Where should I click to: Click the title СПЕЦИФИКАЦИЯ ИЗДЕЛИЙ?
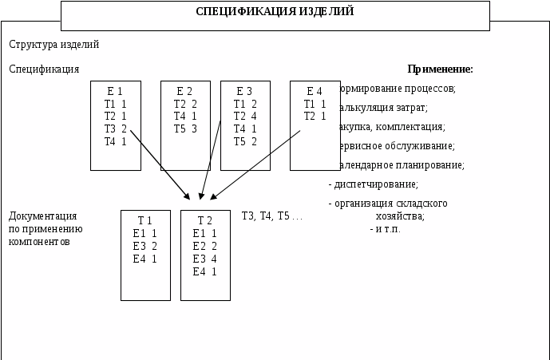pos(275,12)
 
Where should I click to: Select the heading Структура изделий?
pos(53,45)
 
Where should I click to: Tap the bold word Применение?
pos(440,69)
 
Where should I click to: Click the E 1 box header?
pos(115,92)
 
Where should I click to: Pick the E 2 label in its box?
pos(184,92)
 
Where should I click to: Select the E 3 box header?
pos(244,92)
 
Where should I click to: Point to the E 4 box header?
pos(315,92)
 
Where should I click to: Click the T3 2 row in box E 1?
pos(115,129)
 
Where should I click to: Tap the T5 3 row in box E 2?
pos(185,129)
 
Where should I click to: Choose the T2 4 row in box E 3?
pos(245,117)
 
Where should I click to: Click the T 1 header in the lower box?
pos(144,221)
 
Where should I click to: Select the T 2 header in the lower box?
pos(204,221)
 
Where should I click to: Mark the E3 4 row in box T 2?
pos(204,259)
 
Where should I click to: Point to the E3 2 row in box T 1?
pos(144,246)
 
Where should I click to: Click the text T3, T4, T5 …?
pos(271,216)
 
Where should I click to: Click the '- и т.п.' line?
pos(386,229)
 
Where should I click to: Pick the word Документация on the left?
pos(42,216)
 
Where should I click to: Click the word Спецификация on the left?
pos(44,69)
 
